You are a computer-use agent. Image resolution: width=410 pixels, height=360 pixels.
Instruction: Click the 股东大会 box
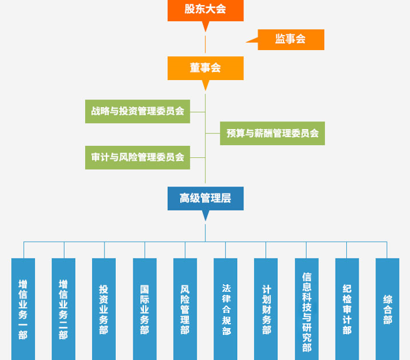205,11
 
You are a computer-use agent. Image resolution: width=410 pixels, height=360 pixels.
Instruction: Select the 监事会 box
291,39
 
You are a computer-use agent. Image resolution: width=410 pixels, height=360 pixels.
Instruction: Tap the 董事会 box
205,68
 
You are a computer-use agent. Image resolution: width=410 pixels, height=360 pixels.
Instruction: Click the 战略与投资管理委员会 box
138,111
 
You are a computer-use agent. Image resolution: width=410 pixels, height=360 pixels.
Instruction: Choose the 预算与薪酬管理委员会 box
272,133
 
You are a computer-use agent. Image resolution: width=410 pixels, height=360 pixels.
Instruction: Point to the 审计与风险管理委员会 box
138,158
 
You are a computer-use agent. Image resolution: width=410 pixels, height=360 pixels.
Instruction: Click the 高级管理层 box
205,198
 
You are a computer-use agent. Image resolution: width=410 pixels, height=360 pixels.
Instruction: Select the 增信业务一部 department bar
23,309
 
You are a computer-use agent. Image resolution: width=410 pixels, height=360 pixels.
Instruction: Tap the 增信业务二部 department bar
64,309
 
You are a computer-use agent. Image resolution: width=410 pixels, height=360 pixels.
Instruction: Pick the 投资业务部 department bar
104,309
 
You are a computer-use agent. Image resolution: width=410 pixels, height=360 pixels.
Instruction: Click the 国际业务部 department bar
145,309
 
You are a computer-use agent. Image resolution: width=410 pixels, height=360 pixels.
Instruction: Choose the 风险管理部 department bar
185,309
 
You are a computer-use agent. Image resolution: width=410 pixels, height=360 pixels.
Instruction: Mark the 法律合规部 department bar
225,309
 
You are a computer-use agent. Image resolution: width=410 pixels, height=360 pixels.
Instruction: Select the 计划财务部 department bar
266,309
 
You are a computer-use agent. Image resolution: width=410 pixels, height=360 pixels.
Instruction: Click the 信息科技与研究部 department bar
307,309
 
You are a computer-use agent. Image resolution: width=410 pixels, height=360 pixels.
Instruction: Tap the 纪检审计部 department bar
347,309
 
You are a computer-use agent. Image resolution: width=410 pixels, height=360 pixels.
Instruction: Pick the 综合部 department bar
387,309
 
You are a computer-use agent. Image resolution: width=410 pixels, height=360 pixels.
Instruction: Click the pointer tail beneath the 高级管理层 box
205,215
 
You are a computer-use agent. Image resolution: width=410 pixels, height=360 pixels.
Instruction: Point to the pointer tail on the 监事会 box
252,40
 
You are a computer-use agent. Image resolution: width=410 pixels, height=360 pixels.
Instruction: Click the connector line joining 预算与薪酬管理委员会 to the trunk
213,133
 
